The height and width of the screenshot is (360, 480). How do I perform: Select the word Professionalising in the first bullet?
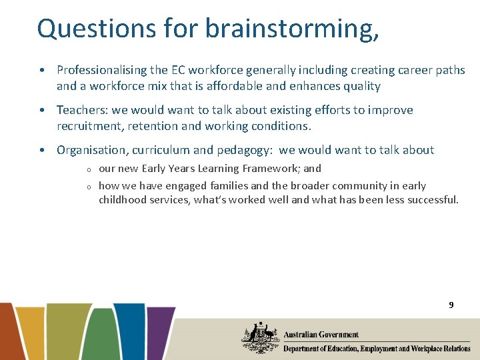[x=99, y=70]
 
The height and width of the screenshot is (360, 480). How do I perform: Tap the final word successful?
[x=431, y=199]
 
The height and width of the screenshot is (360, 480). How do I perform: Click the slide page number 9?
[x=451, y=305]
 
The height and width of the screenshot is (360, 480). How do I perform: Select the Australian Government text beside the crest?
[x=321, y=335]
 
